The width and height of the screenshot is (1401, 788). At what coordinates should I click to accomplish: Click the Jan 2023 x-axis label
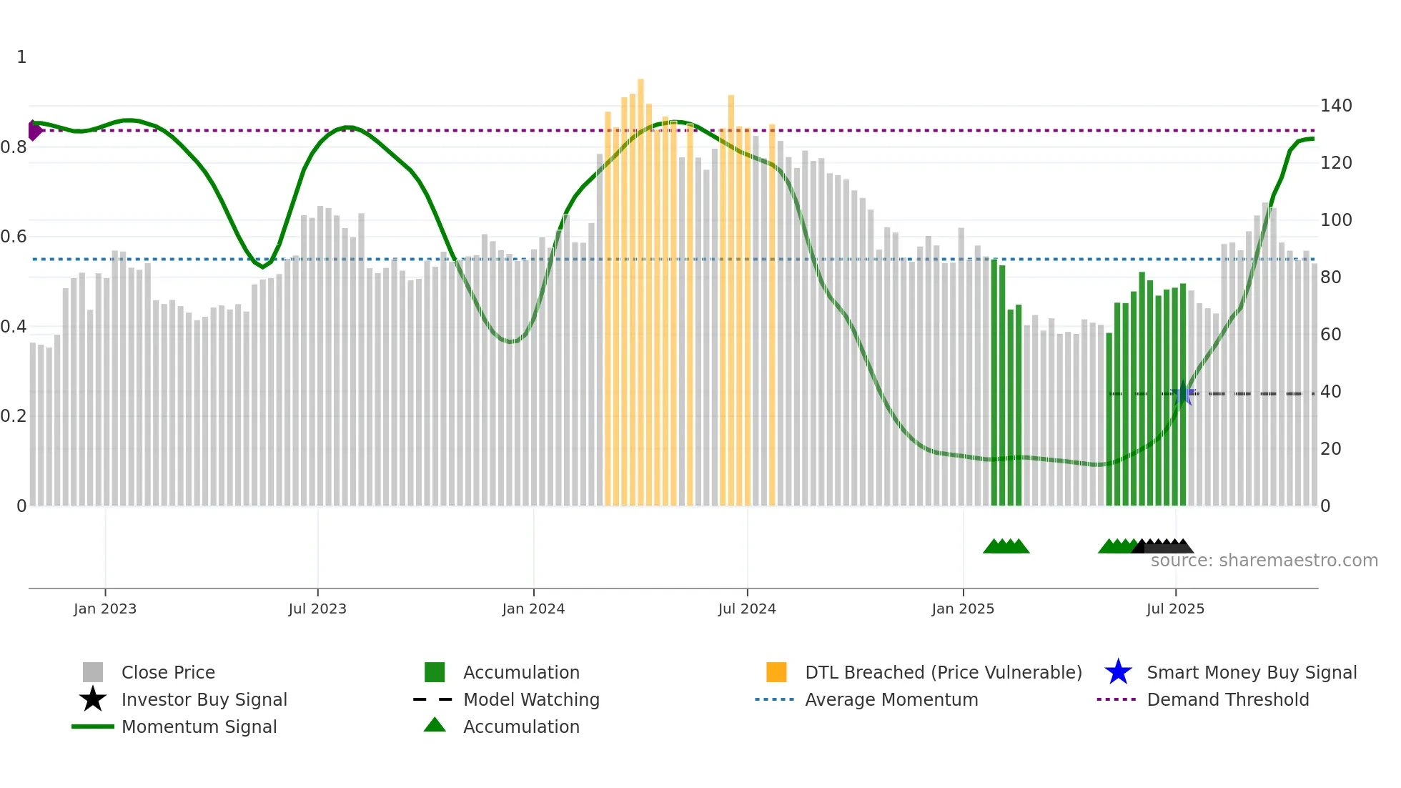[104, 609]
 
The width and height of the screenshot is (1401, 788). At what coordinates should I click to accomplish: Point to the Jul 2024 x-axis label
[746, 609]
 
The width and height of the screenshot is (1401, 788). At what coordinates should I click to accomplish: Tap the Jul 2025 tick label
[1174, 609]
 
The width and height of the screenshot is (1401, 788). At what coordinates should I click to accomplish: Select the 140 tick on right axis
[1335, 106]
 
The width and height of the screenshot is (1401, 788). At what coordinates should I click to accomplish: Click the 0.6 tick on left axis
[14, 237]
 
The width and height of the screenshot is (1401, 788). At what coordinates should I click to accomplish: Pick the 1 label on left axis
[21, 57]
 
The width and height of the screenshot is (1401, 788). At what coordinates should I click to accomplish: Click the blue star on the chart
[1183, 394]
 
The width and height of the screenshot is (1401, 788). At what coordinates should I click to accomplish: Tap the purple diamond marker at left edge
[34, 130]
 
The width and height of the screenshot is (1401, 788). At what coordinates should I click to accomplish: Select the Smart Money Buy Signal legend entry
[1251, 673]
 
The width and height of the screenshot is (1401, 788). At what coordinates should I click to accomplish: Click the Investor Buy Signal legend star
[93, 699]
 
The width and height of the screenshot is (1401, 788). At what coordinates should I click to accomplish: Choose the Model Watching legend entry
[530, 700]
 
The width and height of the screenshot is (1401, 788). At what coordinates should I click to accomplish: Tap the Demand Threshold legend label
[1227, 700]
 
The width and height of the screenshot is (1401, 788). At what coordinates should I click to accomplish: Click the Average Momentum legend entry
[891, 700]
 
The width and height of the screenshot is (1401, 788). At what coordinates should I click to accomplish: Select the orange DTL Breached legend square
[776, 672]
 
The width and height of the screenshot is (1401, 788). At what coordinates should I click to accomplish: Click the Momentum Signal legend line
[93, 727]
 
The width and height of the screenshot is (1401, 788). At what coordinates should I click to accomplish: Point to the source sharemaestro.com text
[1264, 561]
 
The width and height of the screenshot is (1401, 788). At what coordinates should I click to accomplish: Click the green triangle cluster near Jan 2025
[1006, 546]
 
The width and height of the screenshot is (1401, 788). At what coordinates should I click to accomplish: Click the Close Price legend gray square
[93, 672]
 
